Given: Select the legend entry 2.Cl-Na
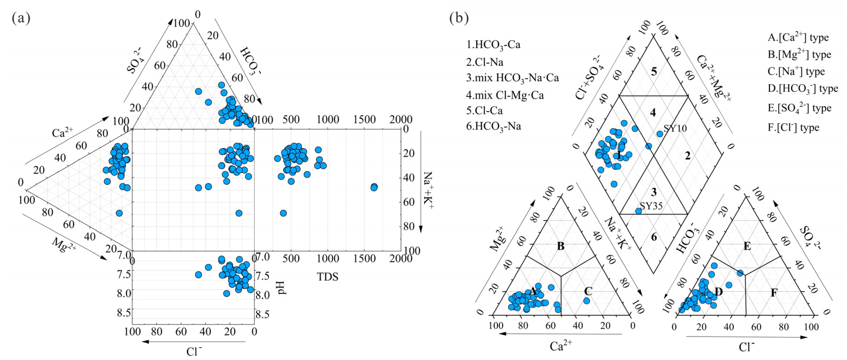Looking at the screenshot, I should (484, 62).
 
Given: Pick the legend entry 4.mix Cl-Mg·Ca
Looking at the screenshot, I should (505, 95).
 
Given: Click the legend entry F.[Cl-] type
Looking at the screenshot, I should (793, 128).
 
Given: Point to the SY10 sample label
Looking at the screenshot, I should (675, 128).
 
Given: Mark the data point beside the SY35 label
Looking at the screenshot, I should (638, 211).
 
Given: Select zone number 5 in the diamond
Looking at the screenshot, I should (654, 71).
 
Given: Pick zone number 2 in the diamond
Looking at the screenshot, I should (687, 156).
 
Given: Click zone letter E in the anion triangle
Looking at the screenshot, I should (747, 246).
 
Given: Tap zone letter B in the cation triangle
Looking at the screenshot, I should (561, 246).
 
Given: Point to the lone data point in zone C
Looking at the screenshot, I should (586, 301).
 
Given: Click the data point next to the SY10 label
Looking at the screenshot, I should (660, 134).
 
